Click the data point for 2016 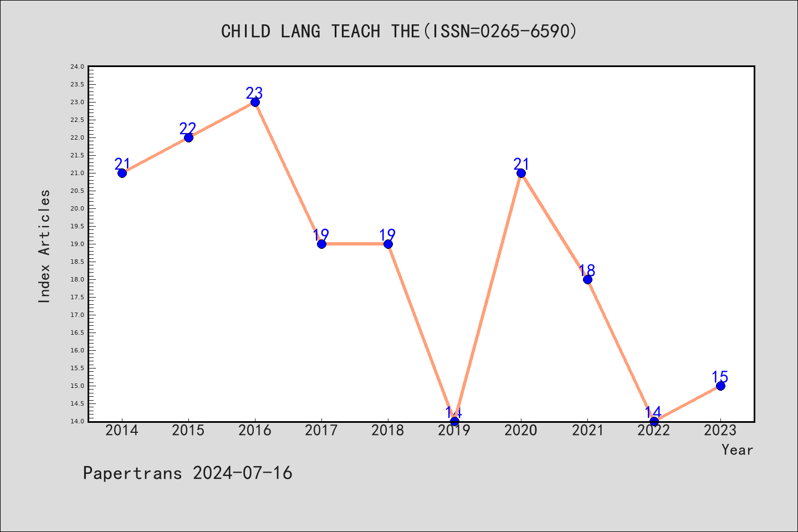tap(255, 103)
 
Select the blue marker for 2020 tap(521, 173)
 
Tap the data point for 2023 tap(720, 386)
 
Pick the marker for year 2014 tap(122, 173)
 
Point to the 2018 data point tap(388, 244)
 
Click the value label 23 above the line tap(254, 93)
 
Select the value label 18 tap(587, 270)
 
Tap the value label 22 tap(188, 128)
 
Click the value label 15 tap(720, 377)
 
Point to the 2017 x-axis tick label tap(321, 431)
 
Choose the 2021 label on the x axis tap(587, 431)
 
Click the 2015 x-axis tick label tap(188, 431)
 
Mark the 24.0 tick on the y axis tap(78, 66)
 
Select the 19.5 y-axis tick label tap(78, 226)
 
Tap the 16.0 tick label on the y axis tap(78, 350)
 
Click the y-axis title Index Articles tap(44, 246)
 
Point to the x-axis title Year tap(738, 450)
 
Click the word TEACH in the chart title tap(356, 32)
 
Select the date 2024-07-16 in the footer tap(243, 473)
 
